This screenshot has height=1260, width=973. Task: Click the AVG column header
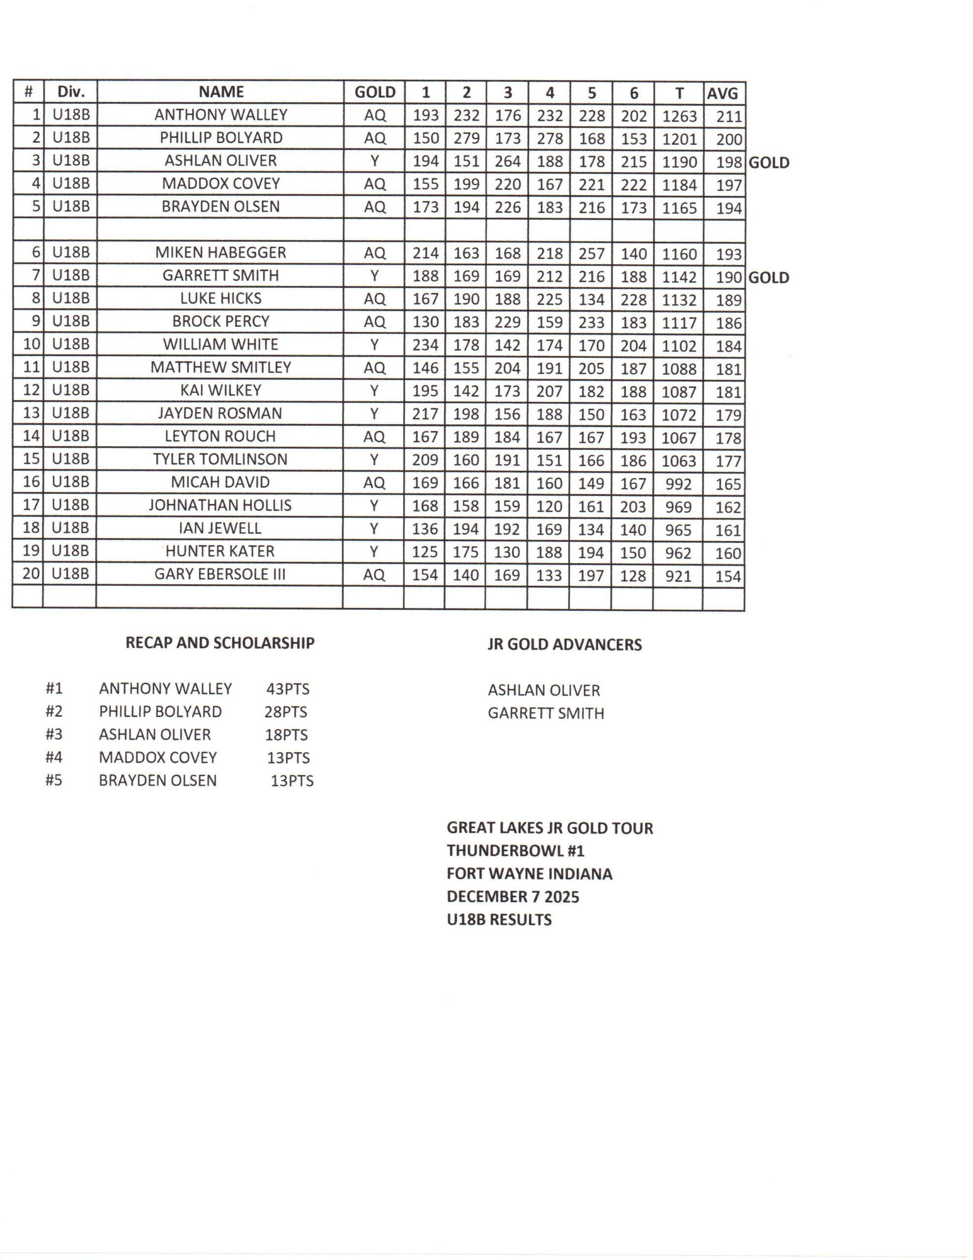point(723,93)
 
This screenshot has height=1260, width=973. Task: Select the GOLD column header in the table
point(374,93)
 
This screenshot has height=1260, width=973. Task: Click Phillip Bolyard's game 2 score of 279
point(466,138)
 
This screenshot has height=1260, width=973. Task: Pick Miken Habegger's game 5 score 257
point(591,253)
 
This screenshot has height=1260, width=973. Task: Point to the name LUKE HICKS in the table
point(221,298)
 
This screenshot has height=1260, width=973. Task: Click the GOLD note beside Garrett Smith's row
point(769,278)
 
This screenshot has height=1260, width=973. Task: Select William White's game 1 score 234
point(425,345)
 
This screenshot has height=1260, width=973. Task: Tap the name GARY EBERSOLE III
point(220,574)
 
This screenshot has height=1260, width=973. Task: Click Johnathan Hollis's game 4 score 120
point(548,506)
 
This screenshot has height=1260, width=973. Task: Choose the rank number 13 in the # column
point(30,413)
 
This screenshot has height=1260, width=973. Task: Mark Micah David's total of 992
point(678,483)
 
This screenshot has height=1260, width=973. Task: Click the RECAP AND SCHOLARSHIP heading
point(220,643)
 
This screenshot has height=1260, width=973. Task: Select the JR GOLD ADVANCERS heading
point(564,644)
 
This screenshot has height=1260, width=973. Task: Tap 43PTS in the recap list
point(288,689)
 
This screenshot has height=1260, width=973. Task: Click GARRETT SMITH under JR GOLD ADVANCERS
point(546,714)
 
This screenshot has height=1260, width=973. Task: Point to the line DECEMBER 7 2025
point(513,897)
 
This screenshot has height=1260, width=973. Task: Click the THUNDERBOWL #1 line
point(515,851)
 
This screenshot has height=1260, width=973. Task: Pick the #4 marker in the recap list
point(54,757)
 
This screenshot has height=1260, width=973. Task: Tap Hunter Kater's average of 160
point(728,553)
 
